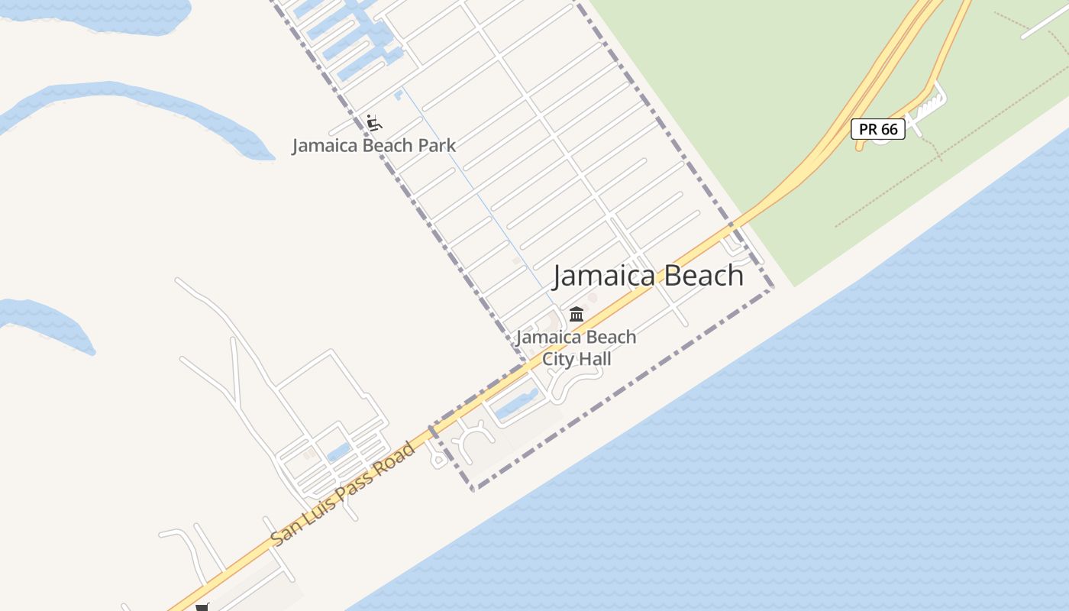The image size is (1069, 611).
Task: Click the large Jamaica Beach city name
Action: point(648,276)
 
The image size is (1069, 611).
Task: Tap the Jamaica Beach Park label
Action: point(374,145)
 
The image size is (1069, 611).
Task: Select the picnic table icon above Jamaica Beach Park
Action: point(373,122)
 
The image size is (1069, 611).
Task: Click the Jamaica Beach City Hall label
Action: point(576,348)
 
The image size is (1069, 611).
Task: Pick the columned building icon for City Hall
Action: point(576,314)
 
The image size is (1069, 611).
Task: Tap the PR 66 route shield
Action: point(878,129)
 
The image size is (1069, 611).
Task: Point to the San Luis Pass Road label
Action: point(344,493)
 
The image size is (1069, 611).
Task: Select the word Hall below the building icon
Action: point(594,358)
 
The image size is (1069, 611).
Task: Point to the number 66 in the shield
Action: point(889,129)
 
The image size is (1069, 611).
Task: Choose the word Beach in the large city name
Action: point(702,276)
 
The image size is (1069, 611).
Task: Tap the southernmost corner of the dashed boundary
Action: point(473,490)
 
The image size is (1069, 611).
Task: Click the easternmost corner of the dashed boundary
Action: point(772,289)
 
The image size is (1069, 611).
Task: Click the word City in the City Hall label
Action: point(557,358)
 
